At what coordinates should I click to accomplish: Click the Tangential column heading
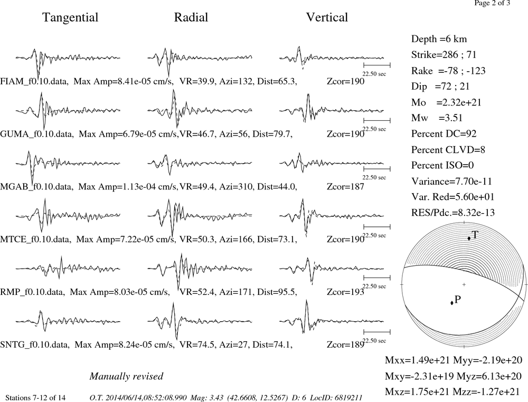70,18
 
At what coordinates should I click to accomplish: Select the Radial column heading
191,17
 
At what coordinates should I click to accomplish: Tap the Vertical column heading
327,17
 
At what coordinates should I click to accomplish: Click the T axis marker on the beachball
469,238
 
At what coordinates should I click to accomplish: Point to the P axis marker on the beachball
452,303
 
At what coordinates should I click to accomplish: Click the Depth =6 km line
439,39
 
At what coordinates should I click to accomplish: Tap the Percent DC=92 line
444,134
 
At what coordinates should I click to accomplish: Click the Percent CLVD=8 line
448,150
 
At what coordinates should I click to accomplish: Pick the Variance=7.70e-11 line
451,181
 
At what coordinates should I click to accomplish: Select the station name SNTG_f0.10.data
35,345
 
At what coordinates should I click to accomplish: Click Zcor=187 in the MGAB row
345,187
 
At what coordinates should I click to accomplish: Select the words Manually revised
126,376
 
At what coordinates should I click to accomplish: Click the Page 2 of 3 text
492,3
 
